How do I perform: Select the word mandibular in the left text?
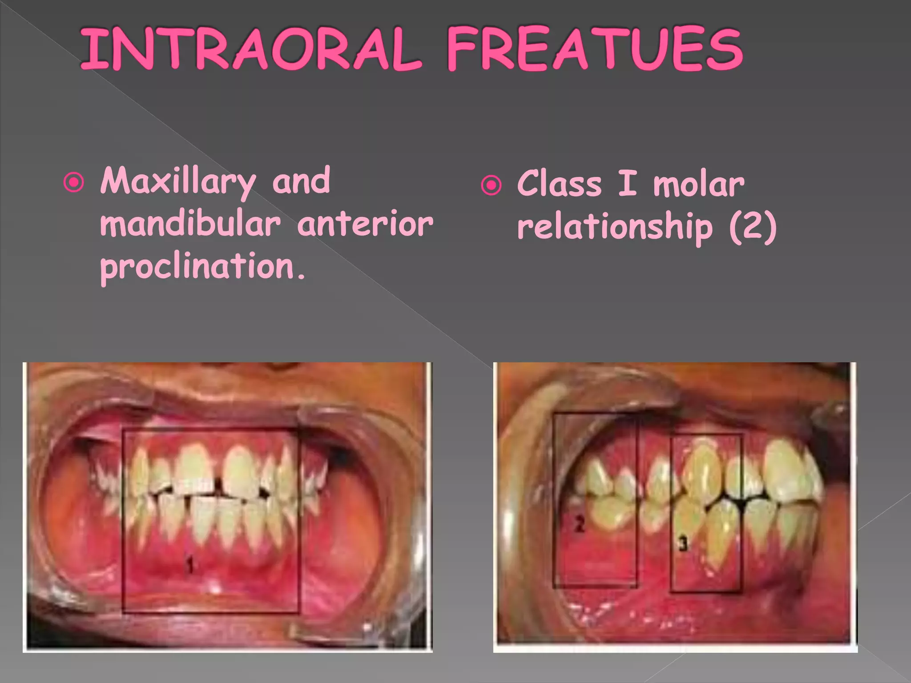[190, 224]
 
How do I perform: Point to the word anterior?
[365, 224]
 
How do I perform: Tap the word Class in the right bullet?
[559, 183]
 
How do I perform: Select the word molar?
[698, 184]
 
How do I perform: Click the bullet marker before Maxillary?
[74, 183]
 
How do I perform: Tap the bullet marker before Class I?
[491, 185]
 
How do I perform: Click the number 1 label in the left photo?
[190, 566]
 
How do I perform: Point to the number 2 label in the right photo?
[579, 525]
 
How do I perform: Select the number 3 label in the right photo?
[683, 543]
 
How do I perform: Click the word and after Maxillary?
[301, 181]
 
